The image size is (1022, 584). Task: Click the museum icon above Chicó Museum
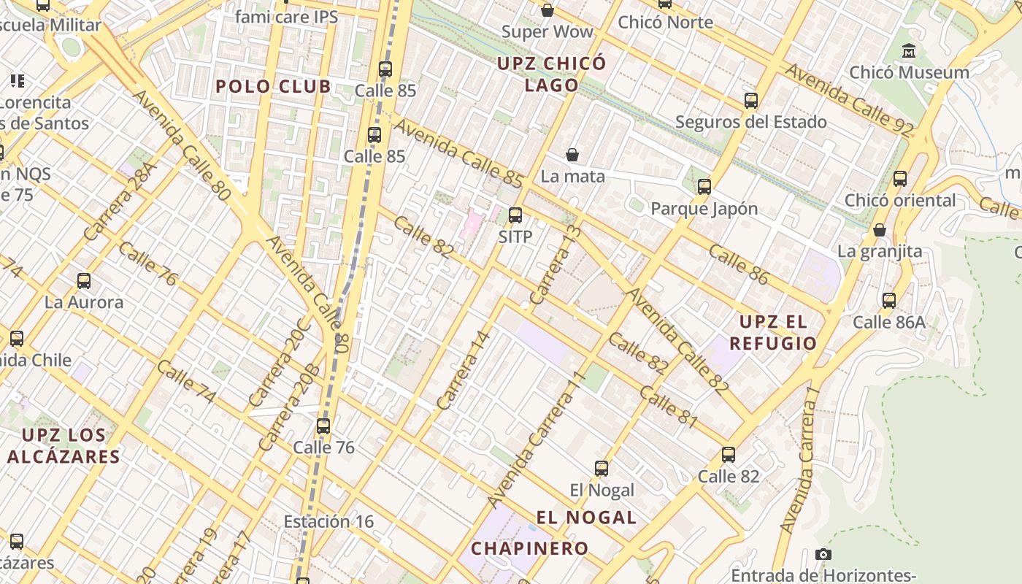(x=909, y=51)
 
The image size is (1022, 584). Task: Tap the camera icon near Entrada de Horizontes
(x=823, y=554)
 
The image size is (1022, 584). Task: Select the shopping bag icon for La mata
(x=572, y=155)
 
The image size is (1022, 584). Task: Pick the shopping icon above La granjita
(x=880, y=230)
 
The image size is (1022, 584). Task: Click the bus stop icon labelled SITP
(x=515, y=215)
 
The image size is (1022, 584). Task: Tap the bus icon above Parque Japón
(x=704, y=187)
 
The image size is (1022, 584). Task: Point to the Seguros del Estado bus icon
(x=751, y=101)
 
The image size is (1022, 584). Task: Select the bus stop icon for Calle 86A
(x=889, y=301)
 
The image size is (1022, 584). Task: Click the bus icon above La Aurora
(x=84, y=281)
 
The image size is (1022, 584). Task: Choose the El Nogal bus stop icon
(x=602, y=469)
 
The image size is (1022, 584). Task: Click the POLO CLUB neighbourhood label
(x=273, y=86)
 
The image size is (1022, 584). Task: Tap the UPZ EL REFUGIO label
(x=777, y=332)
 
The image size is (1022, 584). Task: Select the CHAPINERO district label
(x=529, y=548)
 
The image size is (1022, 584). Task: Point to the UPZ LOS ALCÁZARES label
(x=64, y=446)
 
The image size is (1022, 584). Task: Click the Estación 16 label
(x=328, y=521)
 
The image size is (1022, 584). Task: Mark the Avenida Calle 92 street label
(x=849, y=100)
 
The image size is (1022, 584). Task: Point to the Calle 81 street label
(x=669, y=407)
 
